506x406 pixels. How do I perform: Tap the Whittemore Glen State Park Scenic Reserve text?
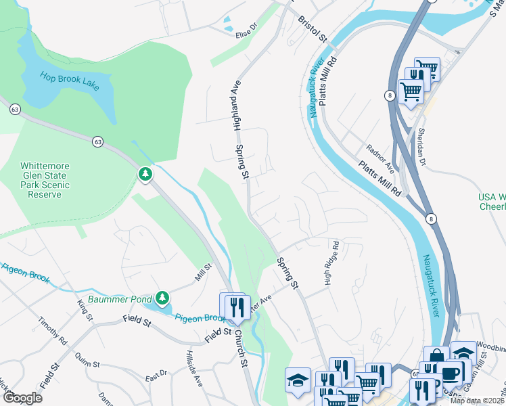(x=50, y=180)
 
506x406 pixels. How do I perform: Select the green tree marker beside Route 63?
(x=145, y=175)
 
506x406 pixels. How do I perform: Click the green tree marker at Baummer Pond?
(x=162, y=298)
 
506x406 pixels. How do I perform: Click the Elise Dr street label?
(x=246, y=30)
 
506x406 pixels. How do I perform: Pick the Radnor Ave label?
(x=379, y=157)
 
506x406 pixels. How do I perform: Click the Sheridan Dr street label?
(x=421, y=139)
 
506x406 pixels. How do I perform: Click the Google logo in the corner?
(x=22, y=398)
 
